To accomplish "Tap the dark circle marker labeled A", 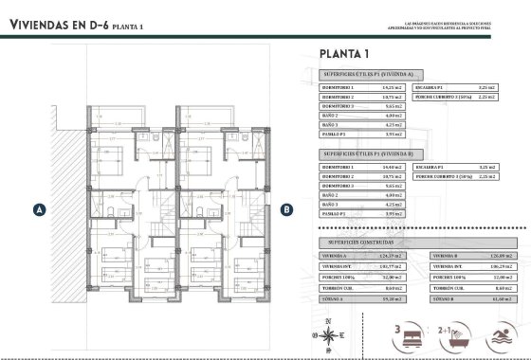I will click(x=39, y=209).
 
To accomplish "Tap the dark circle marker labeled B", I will click(x=287, y=209).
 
